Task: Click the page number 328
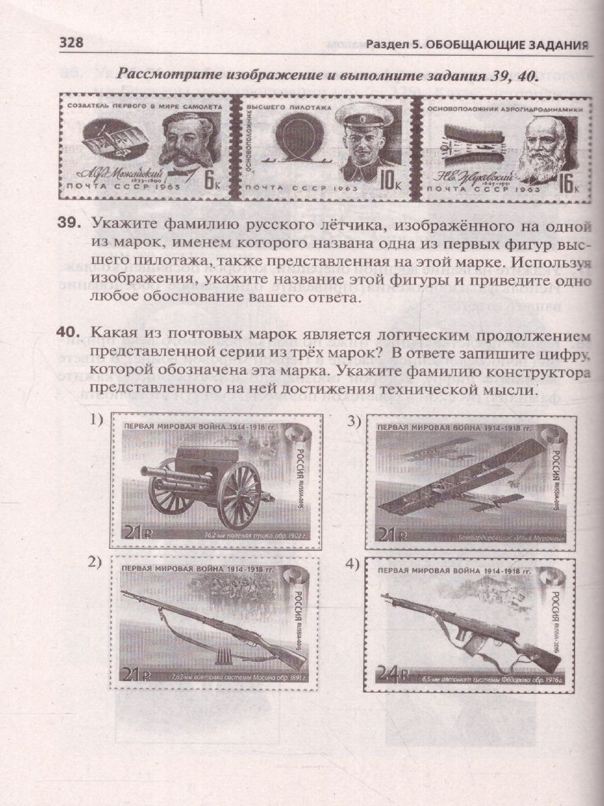pos(71,44)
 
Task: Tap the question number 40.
pos(72,332)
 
